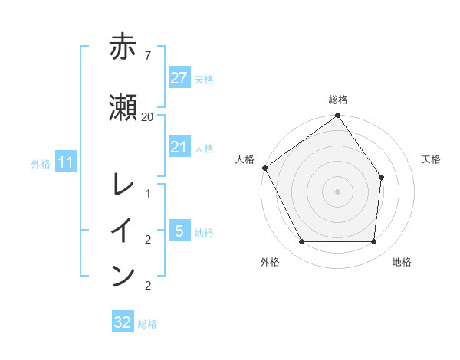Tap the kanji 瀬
tap(123, 107)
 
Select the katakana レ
tap(123, 185)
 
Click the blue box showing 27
tap(179, 78)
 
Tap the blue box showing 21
tap(179, 147)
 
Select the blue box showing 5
tap(179, 231)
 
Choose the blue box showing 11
tap(65, 162)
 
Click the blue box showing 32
tap(123, 322)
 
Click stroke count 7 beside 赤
tap(147, 55)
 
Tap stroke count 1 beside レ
tap(147, 193)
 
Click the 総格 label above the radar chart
tap(338, 100)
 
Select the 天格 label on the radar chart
tap(432, 159)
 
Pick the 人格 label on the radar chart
tap(245, 159)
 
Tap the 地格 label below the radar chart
tap(402, 262)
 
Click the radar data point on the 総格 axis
tap(337, 116)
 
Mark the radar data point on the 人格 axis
tap(265, 168)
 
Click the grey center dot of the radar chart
tap(337, 191)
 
